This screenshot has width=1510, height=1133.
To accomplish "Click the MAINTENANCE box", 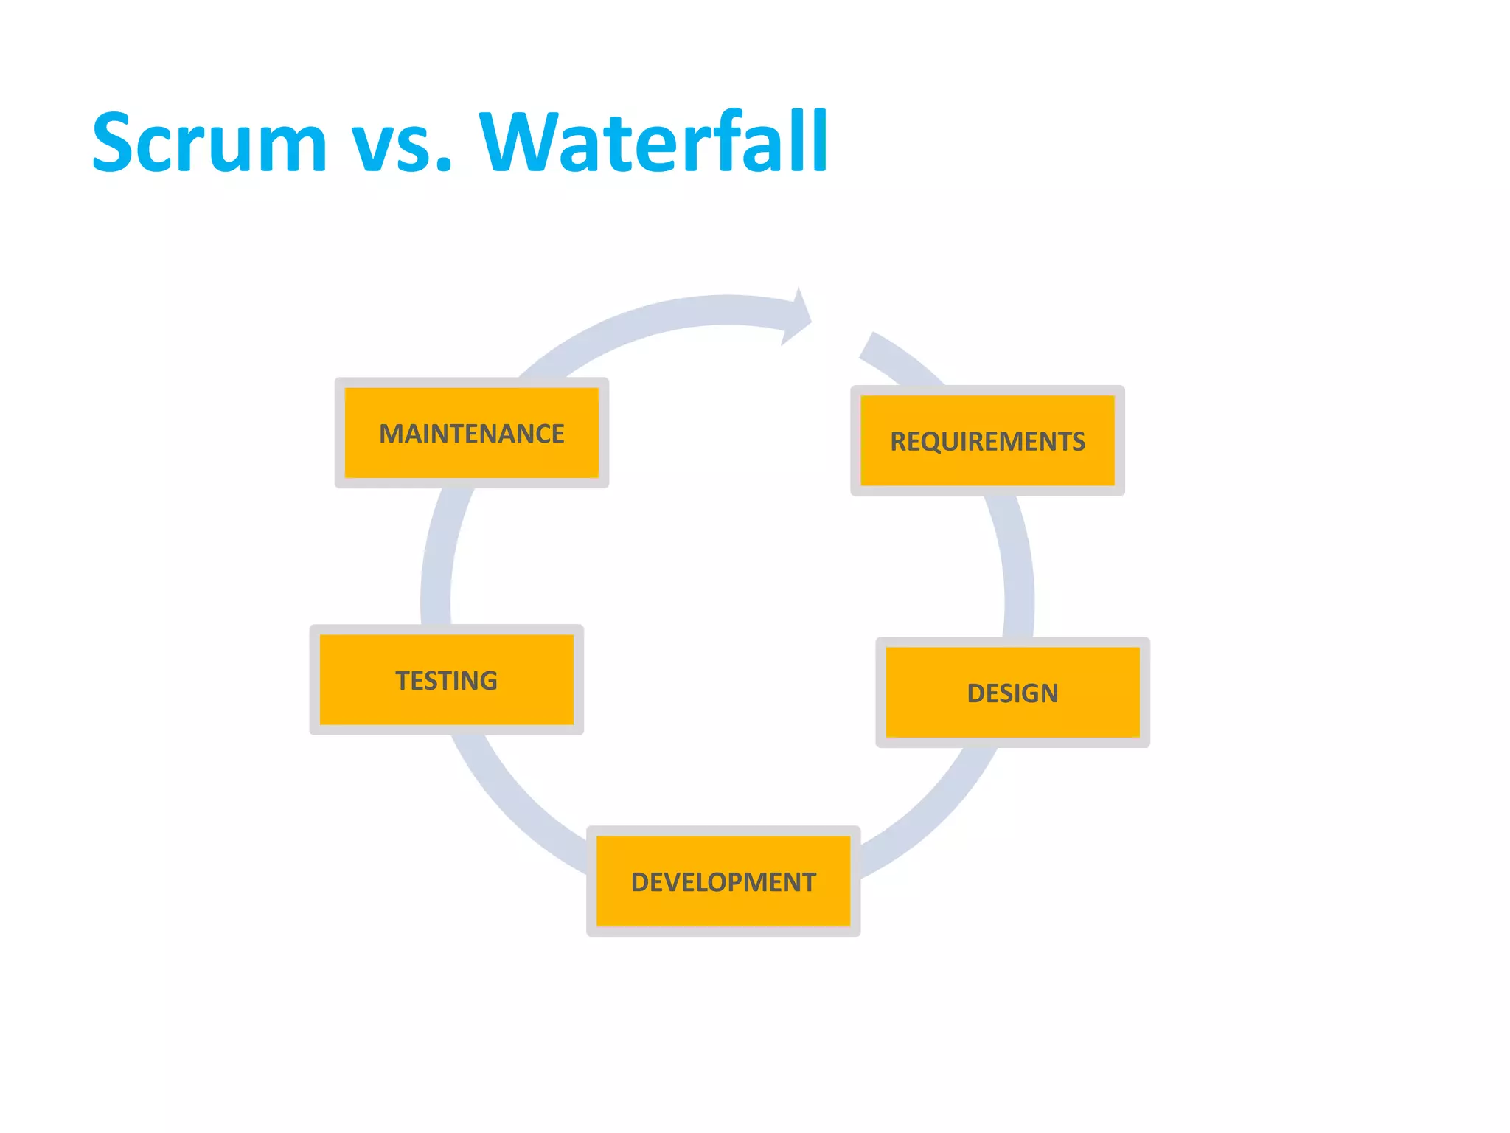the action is [x=472, y=433].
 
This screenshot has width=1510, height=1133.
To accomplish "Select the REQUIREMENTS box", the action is [x=987, y=441].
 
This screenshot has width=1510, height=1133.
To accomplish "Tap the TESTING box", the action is [x=446, y=680].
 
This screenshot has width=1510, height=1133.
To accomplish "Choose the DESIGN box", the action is [x=1012, y=693].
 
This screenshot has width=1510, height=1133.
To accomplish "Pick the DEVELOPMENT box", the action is [x=723, y=881].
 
